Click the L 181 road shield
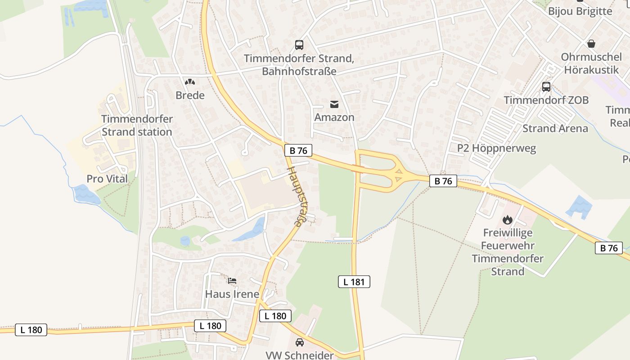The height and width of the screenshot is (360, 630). (354, 282)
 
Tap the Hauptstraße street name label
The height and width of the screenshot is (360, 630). (295, 196)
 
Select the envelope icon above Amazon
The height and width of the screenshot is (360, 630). (334, 104)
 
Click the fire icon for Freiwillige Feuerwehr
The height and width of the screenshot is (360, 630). (508, 220)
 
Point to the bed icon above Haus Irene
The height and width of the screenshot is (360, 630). (232, 281)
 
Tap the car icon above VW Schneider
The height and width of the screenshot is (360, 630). (299, 342)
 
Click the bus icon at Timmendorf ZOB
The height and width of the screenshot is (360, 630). (546, 87)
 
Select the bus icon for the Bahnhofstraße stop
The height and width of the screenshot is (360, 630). (299, 45)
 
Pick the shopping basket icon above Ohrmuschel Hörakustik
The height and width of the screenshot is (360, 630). (591, 44)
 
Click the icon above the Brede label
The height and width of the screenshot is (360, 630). (190, 82)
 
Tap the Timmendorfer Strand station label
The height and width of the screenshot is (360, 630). (137, 126)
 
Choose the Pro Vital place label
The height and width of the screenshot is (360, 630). (107, 179)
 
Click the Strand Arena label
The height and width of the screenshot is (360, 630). (555, 128)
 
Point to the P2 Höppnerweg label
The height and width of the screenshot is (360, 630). (496, 148)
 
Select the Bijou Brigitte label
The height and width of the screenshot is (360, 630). (580, 11)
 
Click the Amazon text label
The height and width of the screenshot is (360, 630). (334, 117)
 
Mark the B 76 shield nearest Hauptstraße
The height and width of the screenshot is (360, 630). (298, 150)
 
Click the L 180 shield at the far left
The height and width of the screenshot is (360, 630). (31, 330)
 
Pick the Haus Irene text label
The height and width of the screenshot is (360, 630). (232, 294)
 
